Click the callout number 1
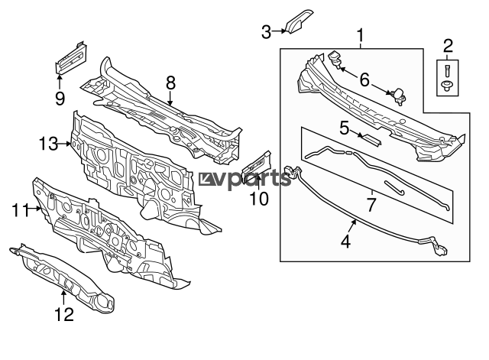click(x=361, y=35)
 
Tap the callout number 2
click(x=448, y=46)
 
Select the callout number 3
click(x=266, y=32)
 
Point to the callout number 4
click(x=345, y=241)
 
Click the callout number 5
click(x=345, y=128)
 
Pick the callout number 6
click(x=364, y=79)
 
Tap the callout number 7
click(x=371, y=205)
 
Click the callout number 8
click(x=171, y=83)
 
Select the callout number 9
click(x=60, y=99)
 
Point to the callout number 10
click(x=259, y=199)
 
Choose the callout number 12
click(x=64, y=314)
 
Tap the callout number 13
click(x=48, y=144)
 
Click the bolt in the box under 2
click(x=446, y=70)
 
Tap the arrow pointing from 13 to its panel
click(x=65, y=144)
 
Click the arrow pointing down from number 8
click(x=170, y=98)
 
